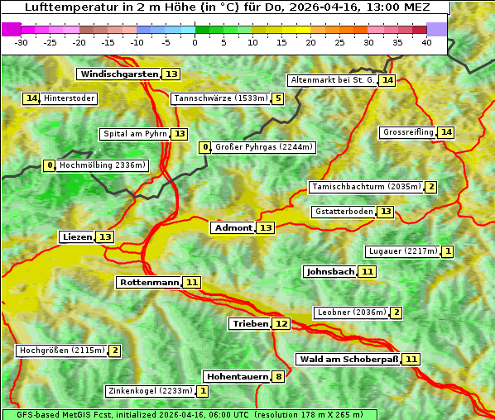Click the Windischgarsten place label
point(118,74)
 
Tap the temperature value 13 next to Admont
point(266,228)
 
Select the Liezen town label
point(77,237)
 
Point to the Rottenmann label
point(149,283)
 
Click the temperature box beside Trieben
point(281,324)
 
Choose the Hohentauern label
point(238,377)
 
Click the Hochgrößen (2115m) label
point(62,351)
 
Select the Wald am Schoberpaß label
point(348,359)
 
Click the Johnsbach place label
point(330,271)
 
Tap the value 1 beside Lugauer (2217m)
point(448,251)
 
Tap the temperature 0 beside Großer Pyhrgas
point(205,147)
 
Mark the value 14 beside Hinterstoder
point(31,98)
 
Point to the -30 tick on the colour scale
point(22,42)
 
